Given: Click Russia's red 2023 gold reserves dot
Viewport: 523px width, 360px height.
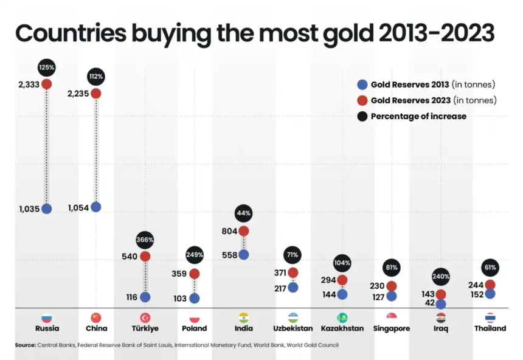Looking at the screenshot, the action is click(x=47, y=84).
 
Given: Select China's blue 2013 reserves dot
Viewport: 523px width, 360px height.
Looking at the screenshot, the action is click(x=95, y=207).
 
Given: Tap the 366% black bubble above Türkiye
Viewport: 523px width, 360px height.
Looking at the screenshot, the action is click(x=145, y=240).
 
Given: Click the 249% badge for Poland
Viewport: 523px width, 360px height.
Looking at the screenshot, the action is click(x=195, y=255).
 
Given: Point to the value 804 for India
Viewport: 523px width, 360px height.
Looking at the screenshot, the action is click(x=229, y=231).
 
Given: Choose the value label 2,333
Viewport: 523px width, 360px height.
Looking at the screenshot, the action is click(x=29, y=85).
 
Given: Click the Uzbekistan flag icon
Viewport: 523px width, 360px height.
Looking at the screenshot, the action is click(x=293, y=317).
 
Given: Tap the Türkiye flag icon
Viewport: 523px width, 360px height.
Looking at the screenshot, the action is click(x=145, y=317).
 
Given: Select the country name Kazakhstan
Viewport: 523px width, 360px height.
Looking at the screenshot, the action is click(x=342, y=328).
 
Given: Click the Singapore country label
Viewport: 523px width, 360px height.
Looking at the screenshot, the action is click(x=392, y=328).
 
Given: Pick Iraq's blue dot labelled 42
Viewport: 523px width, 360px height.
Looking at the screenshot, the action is click(x=441, y=304).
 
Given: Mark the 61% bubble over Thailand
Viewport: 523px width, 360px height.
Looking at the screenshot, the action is click(x=490, y=267).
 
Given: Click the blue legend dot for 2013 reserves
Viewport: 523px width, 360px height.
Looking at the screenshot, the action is click(x=362, y=85).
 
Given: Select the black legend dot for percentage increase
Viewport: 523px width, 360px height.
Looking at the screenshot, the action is click(x=362, y=116).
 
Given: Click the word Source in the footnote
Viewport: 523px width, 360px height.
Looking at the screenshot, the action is click(x=25, y=345).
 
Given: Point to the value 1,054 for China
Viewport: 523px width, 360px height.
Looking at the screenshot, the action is click(x=78, y=208).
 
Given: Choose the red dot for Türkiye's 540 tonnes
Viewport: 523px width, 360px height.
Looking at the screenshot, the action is click(x=145, y=256).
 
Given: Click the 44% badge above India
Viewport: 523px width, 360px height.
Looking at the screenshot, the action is click(x=243, y=213).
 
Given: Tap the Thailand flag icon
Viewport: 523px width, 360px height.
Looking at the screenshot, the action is click(x=490, y=317).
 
